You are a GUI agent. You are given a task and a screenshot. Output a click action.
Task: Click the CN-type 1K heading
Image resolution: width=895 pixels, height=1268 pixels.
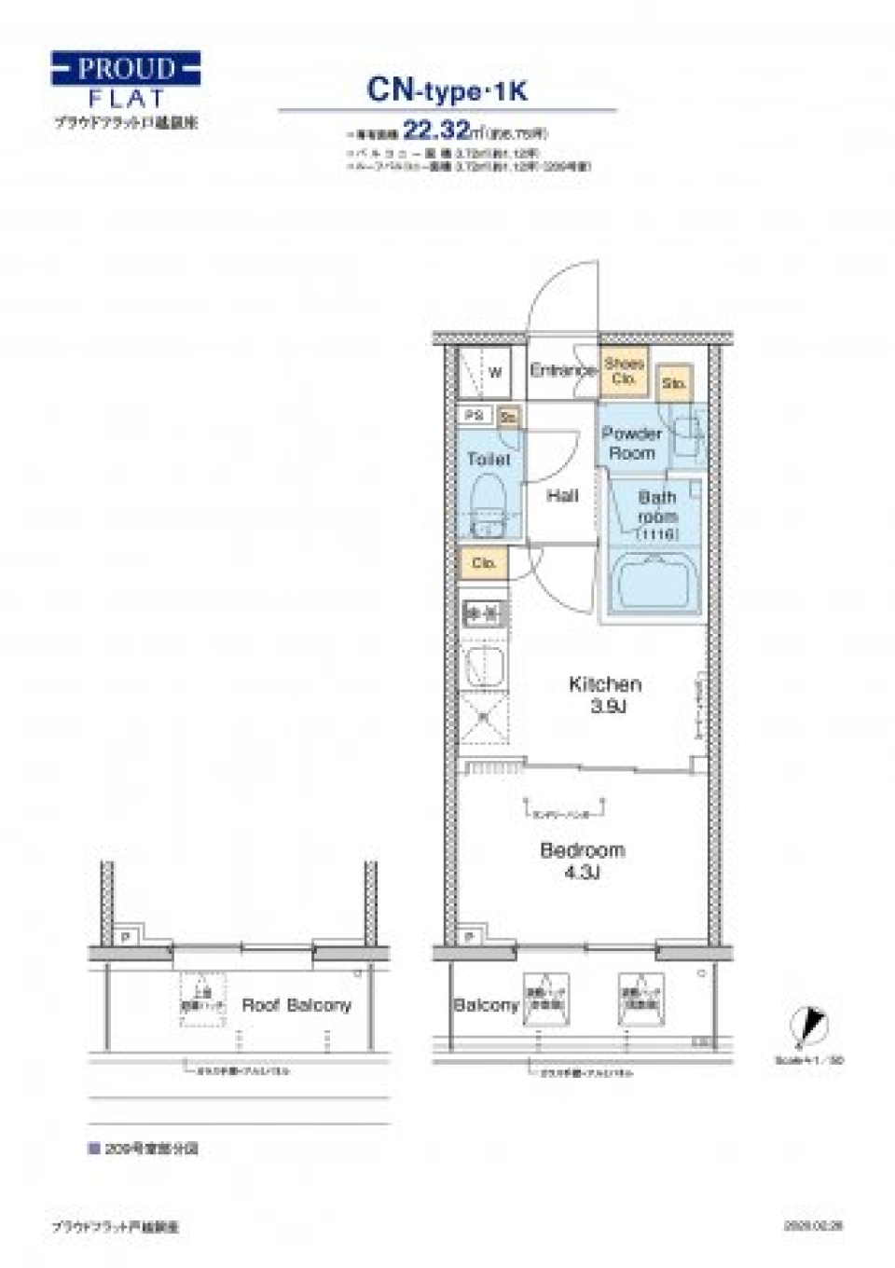coord(447,90)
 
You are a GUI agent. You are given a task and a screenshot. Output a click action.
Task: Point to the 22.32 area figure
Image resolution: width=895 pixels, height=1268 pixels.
coord(435,131)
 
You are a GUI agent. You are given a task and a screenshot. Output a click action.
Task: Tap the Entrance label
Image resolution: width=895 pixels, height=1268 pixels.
coord(561,370)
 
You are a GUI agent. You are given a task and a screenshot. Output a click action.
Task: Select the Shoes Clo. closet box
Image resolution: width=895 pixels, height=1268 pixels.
coord(624,371)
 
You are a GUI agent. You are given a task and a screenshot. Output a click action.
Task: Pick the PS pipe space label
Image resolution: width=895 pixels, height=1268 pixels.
coord(474,415)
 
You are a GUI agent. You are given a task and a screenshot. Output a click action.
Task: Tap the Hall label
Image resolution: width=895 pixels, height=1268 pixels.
coord(562,496)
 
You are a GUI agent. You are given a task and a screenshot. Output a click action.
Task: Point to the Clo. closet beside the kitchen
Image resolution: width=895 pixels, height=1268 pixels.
coord(483,563)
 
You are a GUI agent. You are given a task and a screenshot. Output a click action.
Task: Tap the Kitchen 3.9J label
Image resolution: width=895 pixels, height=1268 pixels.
coord(605,695)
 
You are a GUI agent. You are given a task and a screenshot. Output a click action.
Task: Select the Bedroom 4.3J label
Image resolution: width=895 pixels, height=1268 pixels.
coord(582,861)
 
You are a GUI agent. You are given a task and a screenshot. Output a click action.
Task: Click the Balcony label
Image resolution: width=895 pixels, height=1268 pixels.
coord(485,1005)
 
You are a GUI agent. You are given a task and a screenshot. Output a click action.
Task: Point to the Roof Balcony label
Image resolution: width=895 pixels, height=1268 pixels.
coord(296,1005)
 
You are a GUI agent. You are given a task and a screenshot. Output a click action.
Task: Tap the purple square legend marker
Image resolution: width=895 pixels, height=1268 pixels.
coord(94,1149)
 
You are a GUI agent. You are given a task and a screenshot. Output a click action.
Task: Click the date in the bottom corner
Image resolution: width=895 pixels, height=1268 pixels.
coord(813,1227)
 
